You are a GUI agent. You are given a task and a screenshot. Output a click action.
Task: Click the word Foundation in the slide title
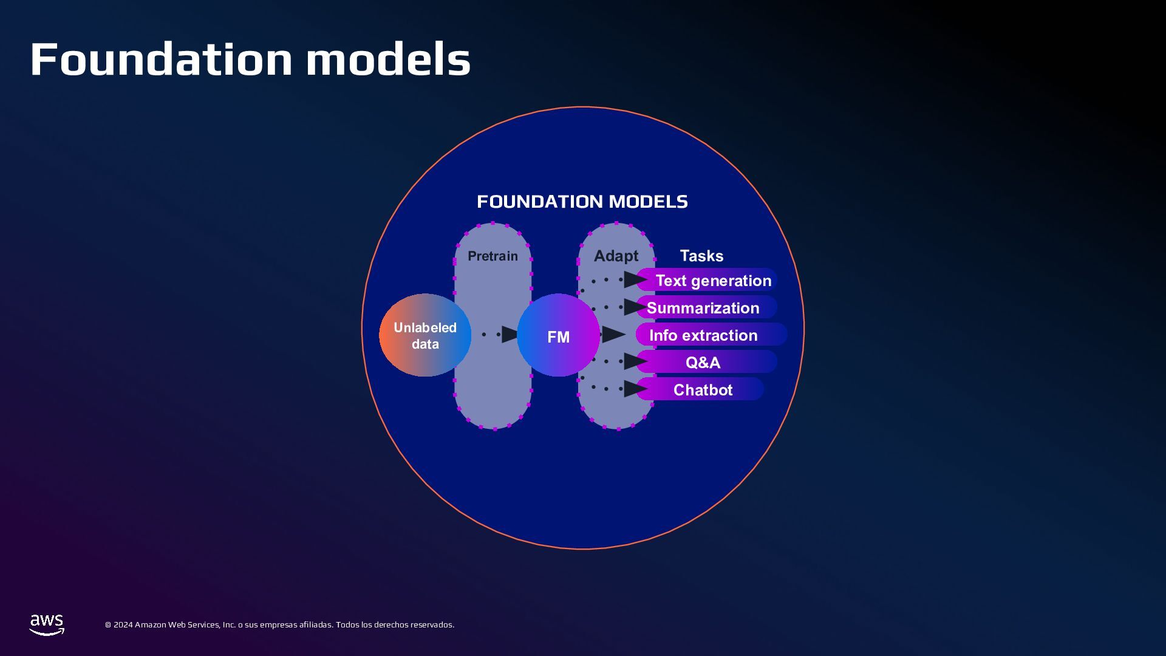click(162, 60)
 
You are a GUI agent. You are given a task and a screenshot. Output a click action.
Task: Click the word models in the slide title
click(388, 60)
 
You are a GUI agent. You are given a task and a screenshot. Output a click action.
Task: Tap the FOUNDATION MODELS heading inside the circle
click(582, 202)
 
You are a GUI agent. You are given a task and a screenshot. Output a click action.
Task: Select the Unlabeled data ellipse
click(424, 335)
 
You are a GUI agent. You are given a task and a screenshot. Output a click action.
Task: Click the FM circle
click(558, 337)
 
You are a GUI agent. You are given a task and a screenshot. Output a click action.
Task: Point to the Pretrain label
click(493, 256)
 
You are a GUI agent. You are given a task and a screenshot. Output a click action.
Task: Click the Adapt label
click(616, 256)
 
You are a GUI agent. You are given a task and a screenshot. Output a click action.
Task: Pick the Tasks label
click(701, 256)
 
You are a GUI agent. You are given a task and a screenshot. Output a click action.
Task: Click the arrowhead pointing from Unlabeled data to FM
click(510, 334)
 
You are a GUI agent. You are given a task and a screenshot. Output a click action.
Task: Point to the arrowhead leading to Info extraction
click(613, 334)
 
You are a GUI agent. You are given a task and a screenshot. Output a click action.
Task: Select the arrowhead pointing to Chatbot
click(635, 389)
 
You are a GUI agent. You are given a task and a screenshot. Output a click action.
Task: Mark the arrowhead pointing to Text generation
click(635, 279)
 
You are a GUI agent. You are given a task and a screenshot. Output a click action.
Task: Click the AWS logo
click(47, 624)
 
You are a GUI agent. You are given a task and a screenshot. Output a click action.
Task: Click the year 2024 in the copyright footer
click(123, 625)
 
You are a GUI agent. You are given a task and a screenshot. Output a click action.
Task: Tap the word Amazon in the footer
click(150, 625)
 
